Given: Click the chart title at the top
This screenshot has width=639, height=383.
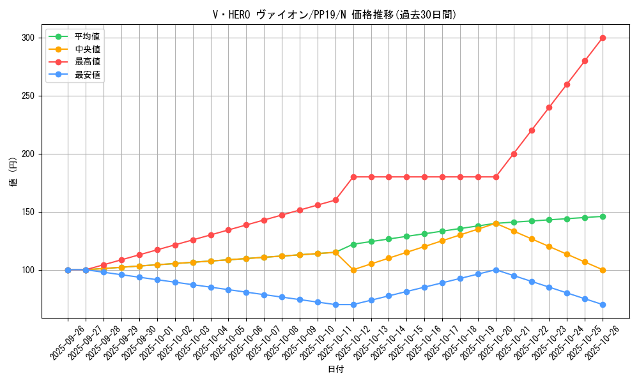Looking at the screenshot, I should (x=335, y=15).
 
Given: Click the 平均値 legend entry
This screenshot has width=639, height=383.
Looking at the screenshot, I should (x=87, y=36).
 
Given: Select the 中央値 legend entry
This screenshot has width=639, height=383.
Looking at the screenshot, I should (x=87, y=49).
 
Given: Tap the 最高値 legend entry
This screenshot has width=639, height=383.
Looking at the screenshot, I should (x=87, y=62).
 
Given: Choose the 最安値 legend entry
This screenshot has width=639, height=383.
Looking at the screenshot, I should (x=87, y=75).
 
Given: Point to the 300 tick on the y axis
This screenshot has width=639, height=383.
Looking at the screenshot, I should (x=27, y=38).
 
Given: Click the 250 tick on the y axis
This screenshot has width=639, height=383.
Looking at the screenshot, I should (x=27, y=96).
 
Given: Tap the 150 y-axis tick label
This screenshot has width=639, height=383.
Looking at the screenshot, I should (x=27, y=212).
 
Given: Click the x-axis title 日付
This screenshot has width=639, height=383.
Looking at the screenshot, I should (x=335, y=370).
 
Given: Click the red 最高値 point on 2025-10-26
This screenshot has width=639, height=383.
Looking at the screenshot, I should (x=603, y=38).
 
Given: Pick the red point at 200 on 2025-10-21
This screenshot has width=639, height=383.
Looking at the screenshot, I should (x=514, y=154).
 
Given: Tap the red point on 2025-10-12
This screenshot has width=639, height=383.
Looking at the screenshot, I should (x=353, y=177).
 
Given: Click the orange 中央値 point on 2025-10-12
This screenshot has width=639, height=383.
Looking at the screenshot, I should (x=353, y=270).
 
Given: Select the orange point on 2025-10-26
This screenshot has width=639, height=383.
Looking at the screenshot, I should (x=603, y=270).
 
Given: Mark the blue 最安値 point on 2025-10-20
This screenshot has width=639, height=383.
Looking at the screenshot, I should (x=496, y=270).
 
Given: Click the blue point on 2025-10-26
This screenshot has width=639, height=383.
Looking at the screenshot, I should (x=603, y=304).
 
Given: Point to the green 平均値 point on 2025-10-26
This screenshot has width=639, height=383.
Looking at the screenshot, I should (x=603, y=216).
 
